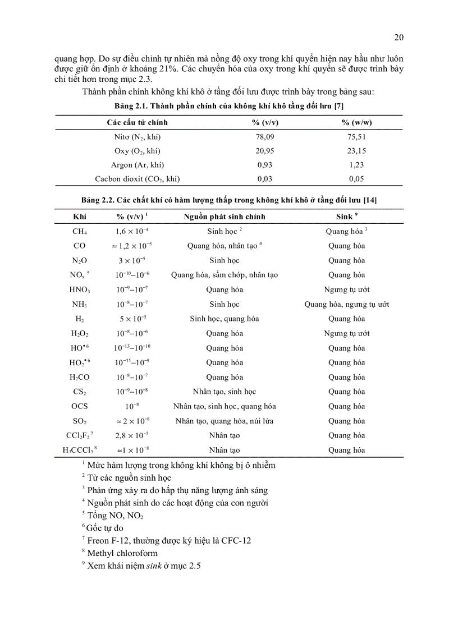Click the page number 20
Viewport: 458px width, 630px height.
point(399,37)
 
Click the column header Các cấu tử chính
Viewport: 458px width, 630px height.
point(137,122)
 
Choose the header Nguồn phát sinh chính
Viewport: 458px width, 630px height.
point(225,217)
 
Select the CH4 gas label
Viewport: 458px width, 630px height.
point(79,231)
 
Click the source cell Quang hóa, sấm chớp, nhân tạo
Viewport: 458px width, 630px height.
point(225,275)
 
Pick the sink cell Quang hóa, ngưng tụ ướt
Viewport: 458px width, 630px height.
point(347,304)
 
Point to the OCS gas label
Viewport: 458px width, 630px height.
point(79,406)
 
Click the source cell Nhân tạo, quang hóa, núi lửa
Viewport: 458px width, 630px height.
point(225,421)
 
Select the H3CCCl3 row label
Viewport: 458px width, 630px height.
point(80,450)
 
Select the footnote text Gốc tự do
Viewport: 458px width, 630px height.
point(106,528)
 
